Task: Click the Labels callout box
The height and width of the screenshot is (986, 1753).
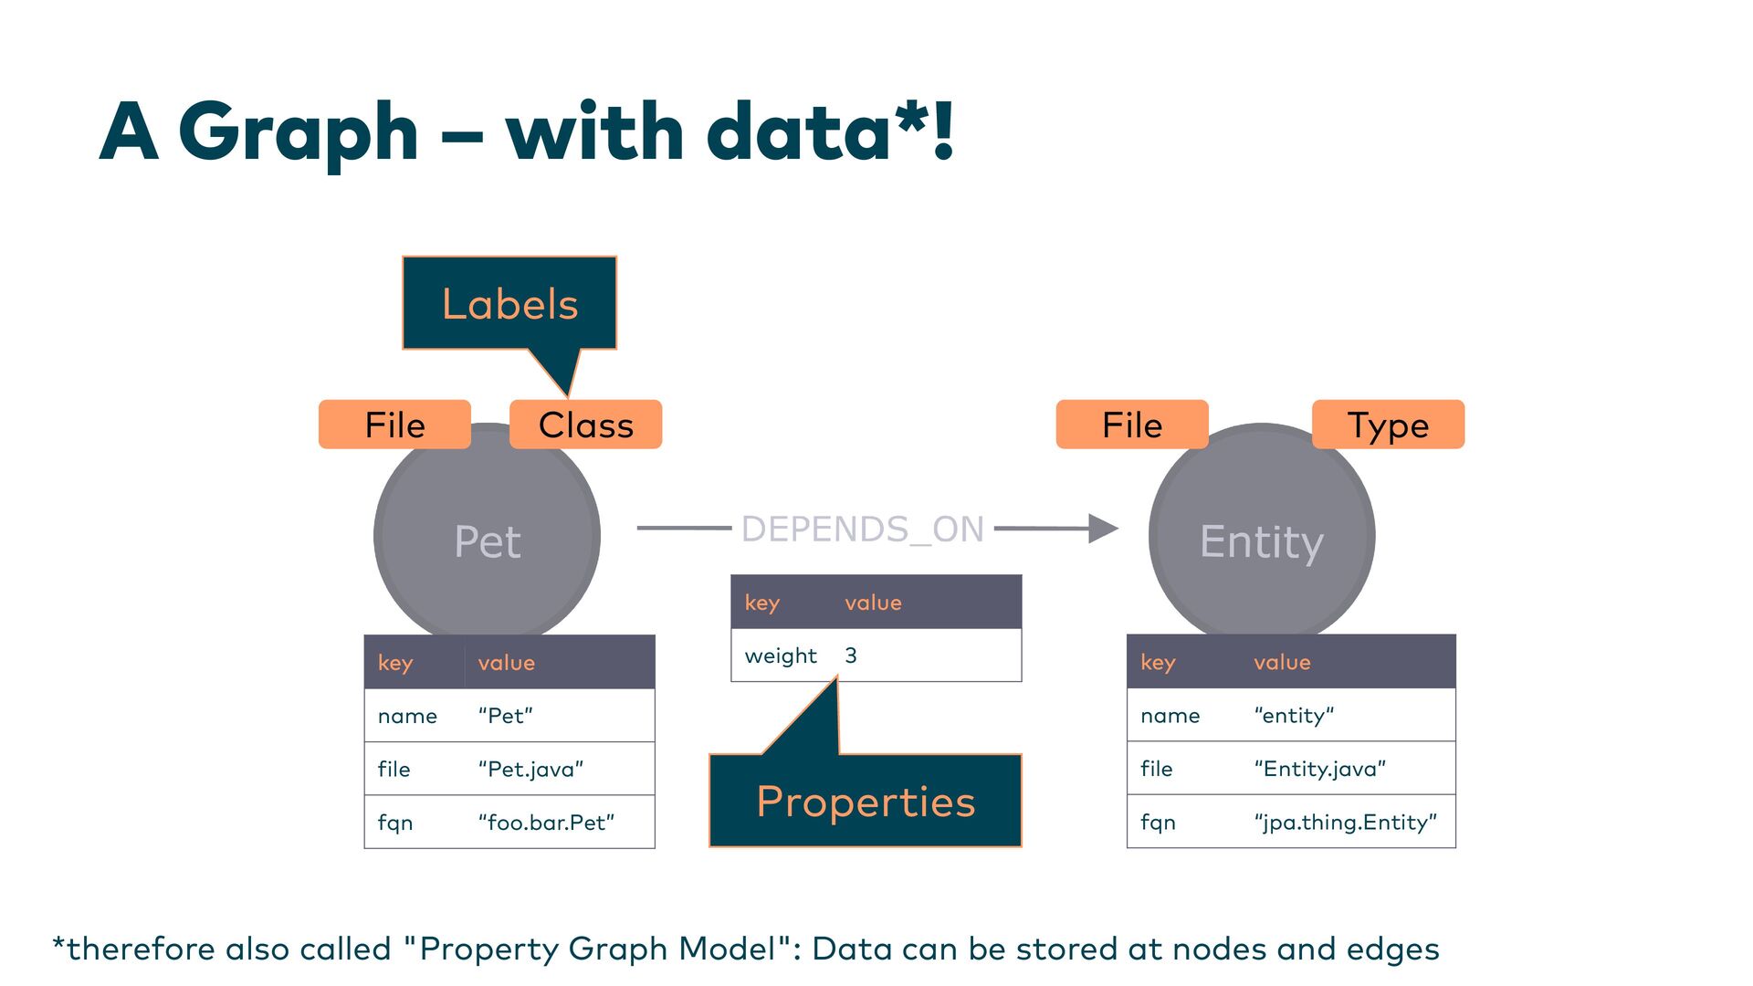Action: point(509,303)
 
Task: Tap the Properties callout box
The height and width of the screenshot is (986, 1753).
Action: point(865,801)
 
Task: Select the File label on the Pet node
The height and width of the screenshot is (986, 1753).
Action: point(394,425)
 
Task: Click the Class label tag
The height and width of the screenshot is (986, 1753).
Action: point(585,425)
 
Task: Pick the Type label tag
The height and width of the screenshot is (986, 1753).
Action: point(1388,425)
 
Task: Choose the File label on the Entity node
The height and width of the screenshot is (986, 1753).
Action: point(1132,425)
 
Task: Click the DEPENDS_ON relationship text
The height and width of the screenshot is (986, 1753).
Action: point(862,529)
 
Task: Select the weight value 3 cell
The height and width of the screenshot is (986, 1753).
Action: point(851,656)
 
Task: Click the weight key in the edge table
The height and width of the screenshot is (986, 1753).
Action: point(781,656)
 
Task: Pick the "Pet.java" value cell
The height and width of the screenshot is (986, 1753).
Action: point(530,769)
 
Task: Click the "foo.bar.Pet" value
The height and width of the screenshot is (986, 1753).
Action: point(546,823)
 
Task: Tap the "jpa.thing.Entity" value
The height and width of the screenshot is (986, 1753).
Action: point(1345,823)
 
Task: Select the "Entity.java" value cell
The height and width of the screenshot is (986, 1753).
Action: point(1319,769)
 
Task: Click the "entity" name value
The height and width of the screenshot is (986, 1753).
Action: point(1294,716)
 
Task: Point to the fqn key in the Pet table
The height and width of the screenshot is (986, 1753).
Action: point(395,823)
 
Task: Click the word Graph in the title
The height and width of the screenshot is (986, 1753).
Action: point(298,132)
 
